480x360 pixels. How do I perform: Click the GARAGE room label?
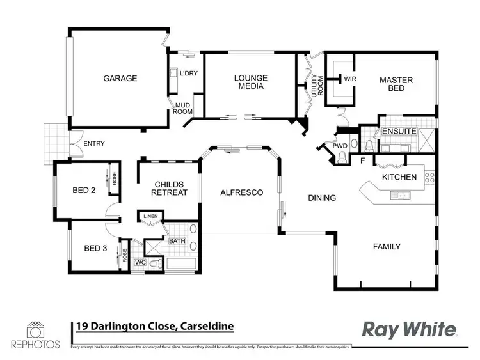(120, 79)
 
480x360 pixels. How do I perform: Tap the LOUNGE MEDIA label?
(251, 82)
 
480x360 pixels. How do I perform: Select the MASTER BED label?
(396, 84)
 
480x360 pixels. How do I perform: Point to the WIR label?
(349, 79)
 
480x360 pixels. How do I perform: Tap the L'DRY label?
(188, 73)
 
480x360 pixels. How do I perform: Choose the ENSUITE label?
(399, 132)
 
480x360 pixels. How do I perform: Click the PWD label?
(339, 146)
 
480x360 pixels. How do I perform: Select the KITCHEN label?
(399, 177)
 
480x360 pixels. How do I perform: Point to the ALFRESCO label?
(242, 192)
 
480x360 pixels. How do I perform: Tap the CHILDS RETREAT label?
(171, 188)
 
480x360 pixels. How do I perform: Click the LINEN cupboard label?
(151, 217)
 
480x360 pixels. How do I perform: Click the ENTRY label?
(94, 144)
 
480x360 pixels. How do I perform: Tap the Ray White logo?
(410, 329)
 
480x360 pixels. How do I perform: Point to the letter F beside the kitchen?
(362, 160)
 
